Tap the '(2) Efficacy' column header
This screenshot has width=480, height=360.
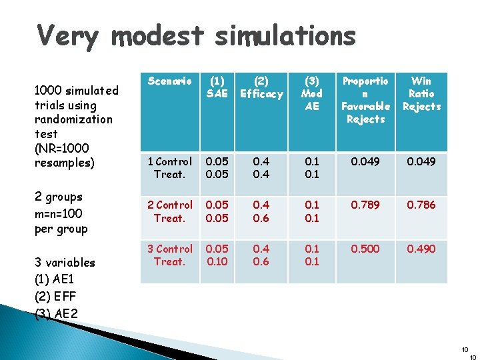coord(261,87)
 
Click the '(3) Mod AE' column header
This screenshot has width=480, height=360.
coord(311,93)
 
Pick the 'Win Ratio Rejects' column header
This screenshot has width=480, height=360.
coord(421,93)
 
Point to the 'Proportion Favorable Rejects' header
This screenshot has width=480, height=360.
coord(365,100)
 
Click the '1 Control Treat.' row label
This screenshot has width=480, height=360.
coord(169,167)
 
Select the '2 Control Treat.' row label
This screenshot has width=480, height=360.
coord(169,211)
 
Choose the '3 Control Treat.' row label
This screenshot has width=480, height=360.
coord(169,255)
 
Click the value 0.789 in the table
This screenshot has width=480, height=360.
coord(365,205)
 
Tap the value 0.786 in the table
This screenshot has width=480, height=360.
coord(421,205)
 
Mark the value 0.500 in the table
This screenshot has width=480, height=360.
coord(365,249)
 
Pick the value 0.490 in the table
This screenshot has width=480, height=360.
coord(421,249)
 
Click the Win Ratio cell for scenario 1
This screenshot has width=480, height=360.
coord(421,161)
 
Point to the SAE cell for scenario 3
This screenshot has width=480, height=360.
coord(217,255)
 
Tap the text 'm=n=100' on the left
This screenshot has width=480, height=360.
coord(61,213)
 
